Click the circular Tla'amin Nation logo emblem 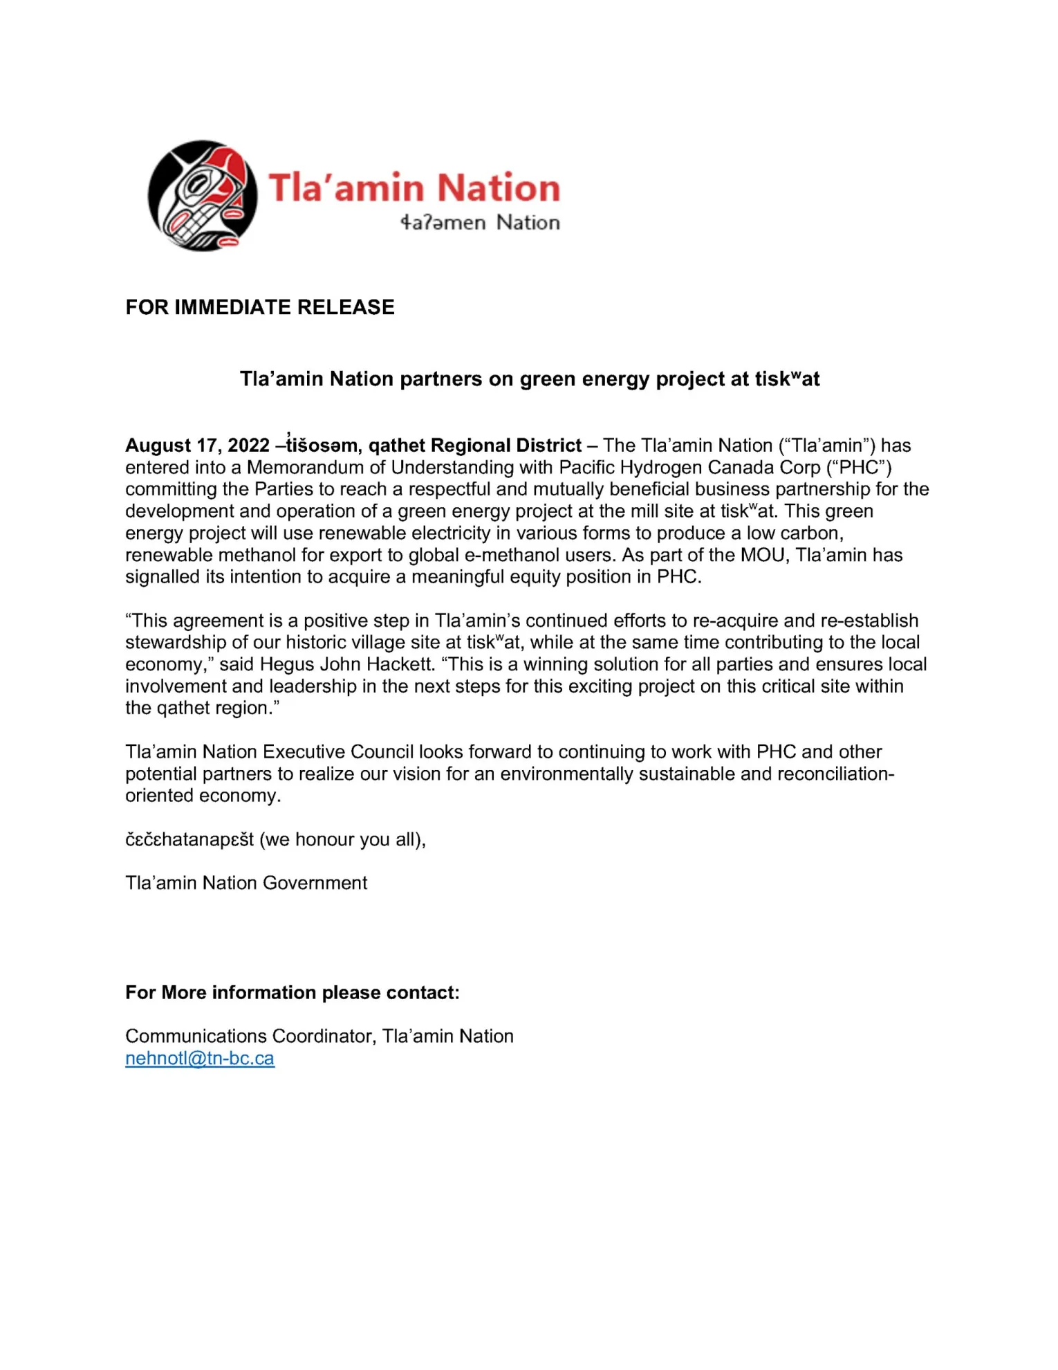202,196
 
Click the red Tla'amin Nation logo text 414,188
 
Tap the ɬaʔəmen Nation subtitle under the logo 480,223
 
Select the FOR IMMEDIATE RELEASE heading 260,307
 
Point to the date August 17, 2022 197,446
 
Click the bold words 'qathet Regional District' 475,446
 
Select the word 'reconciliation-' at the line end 835,774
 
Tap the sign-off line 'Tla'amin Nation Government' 246,883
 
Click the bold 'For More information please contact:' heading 293,993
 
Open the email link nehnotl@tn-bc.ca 200,1059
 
